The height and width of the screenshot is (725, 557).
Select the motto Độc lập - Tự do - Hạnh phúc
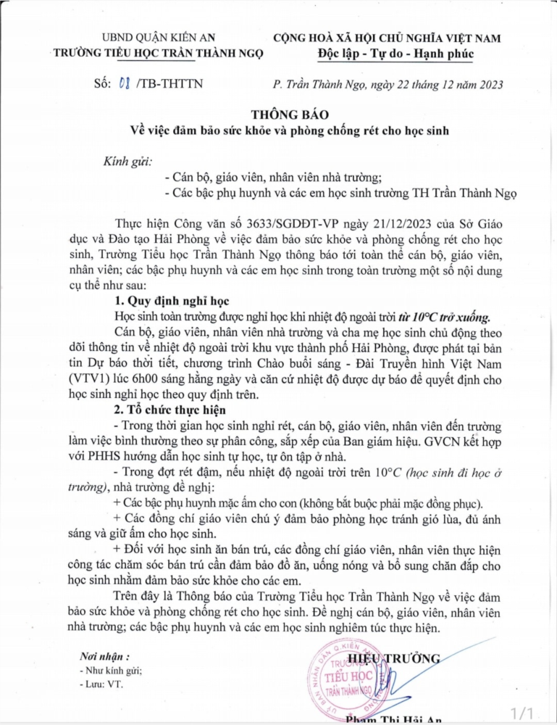click(x=395, y=54)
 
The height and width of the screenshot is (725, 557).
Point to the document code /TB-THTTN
click(x=167, y=84)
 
